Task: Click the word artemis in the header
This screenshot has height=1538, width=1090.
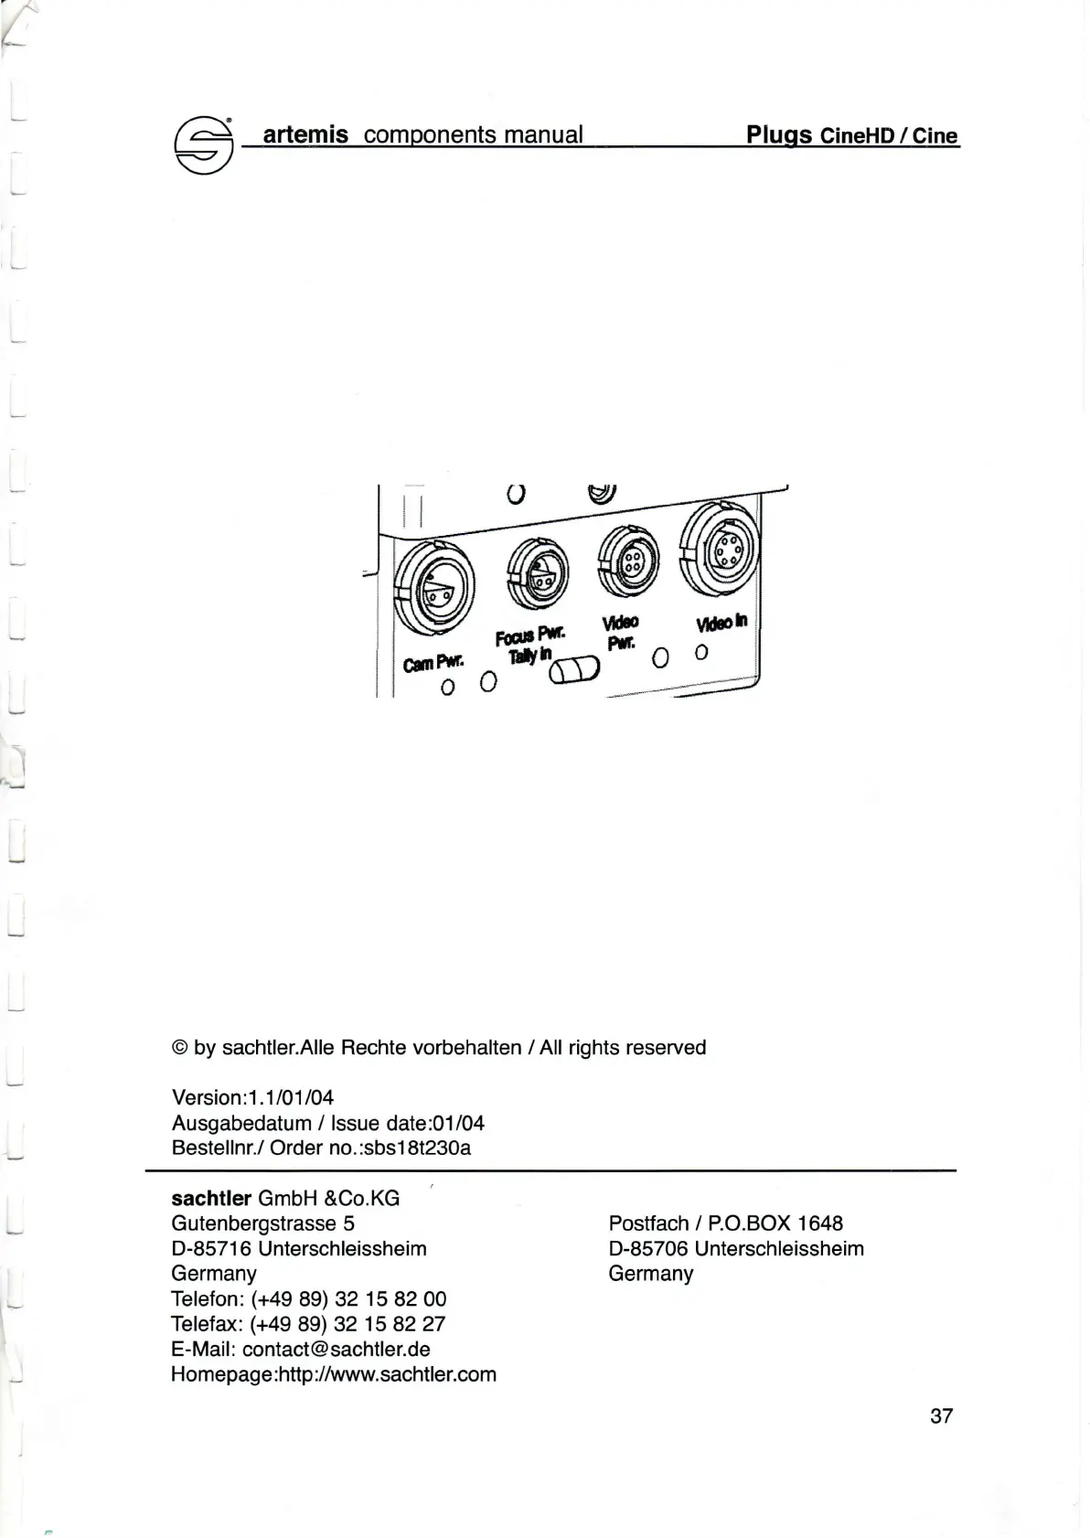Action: [305, 135]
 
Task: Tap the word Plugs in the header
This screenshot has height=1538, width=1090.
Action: [779, 135]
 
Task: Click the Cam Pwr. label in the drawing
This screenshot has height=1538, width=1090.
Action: [433, 660]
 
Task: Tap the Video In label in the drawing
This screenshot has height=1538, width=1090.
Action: [721, 622]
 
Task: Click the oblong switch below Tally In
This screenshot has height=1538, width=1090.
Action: [574, 670]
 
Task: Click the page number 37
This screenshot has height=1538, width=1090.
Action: [941, 1415]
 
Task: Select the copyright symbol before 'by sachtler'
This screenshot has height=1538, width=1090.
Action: [179, 1048]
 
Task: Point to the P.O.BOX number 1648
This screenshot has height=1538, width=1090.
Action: [819, 1223]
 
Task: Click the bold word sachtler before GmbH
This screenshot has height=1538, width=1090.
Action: [211, 1198]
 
